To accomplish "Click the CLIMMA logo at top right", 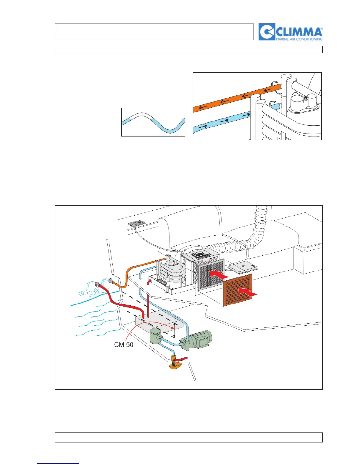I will [291, 32].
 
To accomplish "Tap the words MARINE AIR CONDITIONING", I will [299, 39].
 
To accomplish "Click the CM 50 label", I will [124, 344].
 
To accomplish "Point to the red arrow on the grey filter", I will [219, 275].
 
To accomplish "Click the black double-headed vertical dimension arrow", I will [174, 330].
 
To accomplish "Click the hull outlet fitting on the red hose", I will [96, 284].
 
